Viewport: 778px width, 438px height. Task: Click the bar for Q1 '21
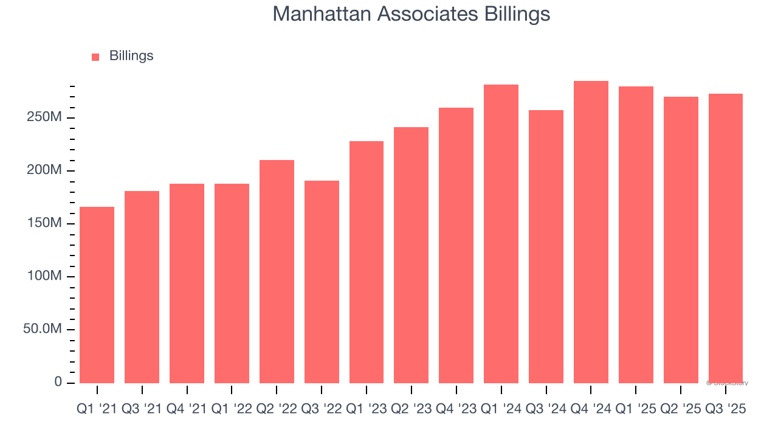(x=97, y=295)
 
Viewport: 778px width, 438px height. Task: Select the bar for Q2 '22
(x=277, y=271)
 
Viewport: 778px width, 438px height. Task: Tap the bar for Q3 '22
(x=322, y=282)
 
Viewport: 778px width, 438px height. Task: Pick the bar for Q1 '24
(x=501, y=234)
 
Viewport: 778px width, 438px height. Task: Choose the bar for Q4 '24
(x=591, y=232)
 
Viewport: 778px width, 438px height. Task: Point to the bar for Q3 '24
(x=546, y=246)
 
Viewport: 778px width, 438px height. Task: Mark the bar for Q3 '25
(x=726, y=238)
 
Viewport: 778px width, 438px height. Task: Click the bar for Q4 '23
(x=456, y=245)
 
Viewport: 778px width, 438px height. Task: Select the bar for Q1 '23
(x=367, y=262)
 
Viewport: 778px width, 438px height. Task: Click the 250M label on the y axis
(x=44, y=117)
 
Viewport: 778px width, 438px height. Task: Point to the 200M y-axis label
(x=44, y=170)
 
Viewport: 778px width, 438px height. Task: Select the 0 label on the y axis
(x=58, y=382)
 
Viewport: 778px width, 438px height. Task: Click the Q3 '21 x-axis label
(x=142, y=409)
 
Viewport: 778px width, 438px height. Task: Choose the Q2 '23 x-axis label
(x=411, y=409)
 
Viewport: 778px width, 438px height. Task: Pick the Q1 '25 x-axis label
(x=636, y=409)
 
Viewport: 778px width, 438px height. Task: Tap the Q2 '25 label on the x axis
(x=681, y=409)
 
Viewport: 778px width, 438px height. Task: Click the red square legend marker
(x=95, y=57)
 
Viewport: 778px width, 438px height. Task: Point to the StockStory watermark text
(x=728, y=383)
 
